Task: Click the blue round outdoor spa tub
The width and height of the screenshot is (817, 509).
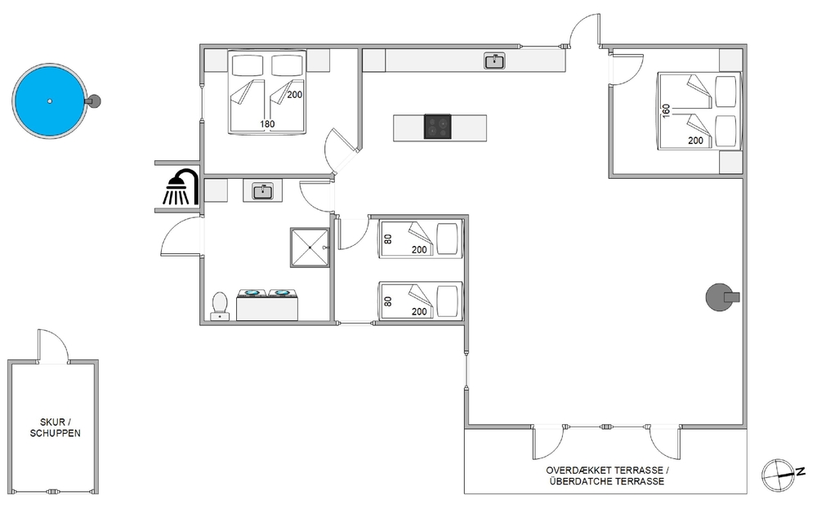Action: pos(49,101)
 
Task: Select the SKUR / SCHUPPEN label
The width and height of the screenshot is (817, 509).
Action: pos(56,427)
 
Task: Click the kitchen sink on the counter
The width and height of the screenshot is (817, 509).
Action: pos(494,61)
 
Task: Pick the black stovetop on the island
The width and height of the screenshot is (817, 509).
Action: pos(437,127)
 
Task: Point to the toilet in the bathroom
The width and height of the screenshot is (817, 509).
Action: pos(220,306)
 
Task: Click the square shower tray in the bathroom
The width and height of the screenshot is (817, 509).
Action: pos(310,248)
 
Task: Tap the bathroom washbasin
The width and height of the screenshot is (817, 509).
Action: pos(262,191)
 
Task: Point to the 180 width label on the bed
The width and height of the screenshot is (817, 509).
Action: pos(267,124)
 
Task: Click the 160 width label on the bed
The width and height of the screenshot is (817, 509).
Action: pos(665,111)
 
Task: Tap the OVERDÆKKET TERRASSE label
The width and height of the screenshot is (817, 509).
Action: pos(607,470)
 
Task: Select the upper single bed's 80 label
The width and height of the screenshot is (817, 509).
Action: pos(387,239)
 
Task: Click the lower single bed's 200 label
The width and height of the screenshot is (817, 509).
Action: pos(419,311)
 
